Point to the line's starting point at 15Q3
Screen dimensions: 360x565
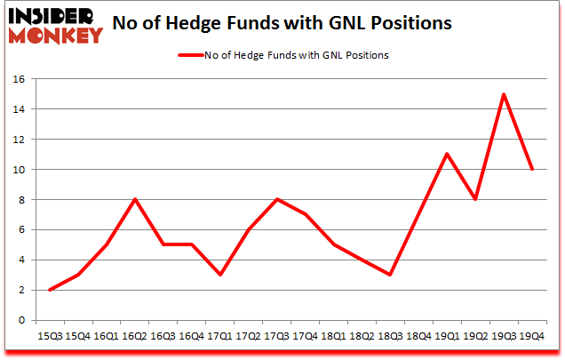pos(49,290)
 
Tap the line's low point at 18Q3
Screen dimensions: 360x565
pos(364,275)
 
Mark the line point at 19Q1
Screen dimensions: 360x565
pos(447,154)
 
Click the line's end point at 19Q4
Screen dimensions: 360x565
pos(531,169)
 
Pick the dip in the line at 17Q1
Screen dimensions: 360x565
pos(219,275)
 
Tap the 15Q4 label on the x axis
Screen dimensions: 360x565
pos(77,337)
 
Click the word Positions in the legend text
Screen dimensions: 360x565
pos(365,55)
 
